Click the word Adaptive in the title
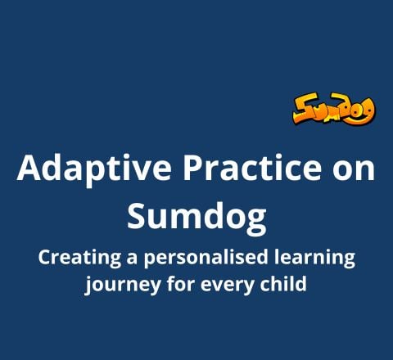(76, 169)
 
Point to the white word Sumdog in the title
(196, 216)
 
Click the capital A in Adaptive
(29, 169)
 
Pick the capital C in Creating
(44, 259)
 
